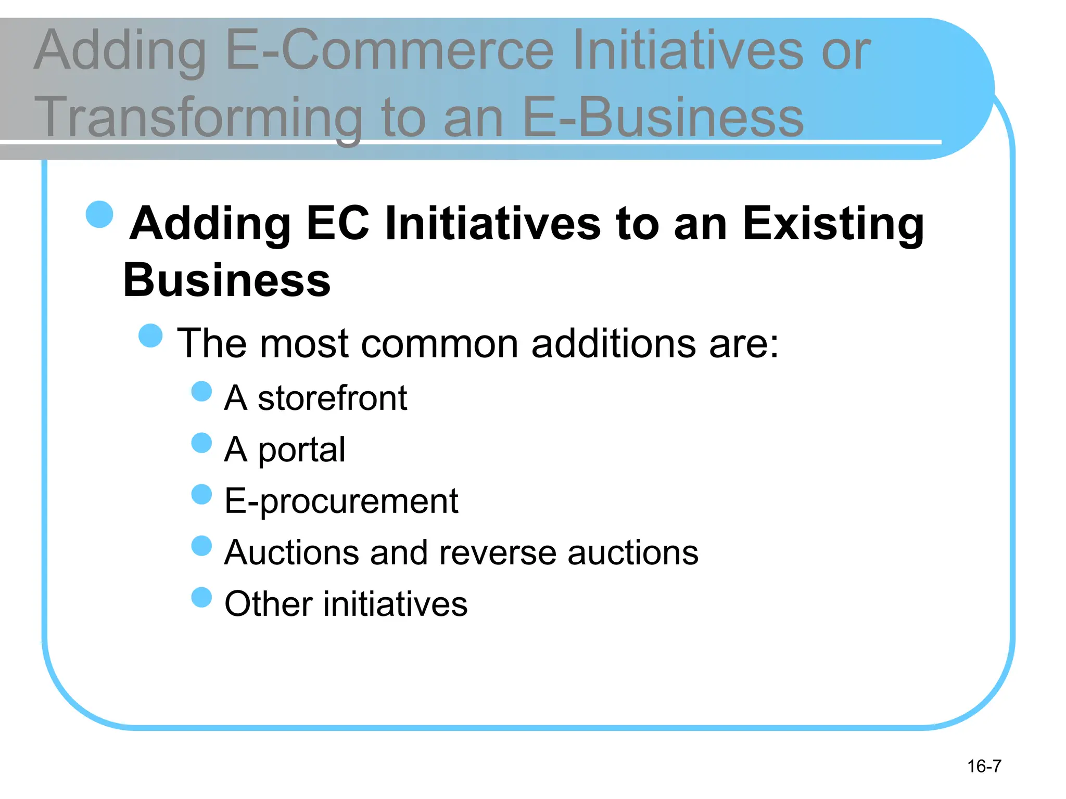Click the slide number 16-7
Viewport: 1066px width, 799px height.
[984, 766]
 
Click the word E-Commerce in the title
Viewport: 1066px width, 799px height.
[390, 50]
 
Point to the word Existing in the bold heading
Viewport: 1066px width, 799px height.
[833, 225]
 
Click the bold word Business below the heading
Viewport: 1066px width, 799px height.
[227, 280]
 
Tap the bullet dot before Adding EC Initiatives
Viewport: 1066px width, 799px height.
[99, 214]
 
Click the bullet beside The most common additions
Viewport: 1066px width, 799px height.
[151, 336]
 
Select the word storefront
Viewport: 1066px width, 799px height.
[332, 398]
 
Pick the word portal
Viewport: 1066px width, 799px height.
[301, 449]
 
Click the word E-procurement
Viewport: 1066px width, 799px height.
[341, 501]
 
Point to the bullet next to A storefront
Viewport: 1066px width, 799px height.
[201, 392]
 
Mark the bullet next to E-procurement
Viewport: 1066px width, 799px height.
[201, 495]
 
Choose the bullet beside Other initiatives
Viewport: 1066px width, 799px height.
[201, 598]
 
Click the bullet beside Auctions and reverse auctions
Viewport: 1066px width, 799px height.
[201, 546]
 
